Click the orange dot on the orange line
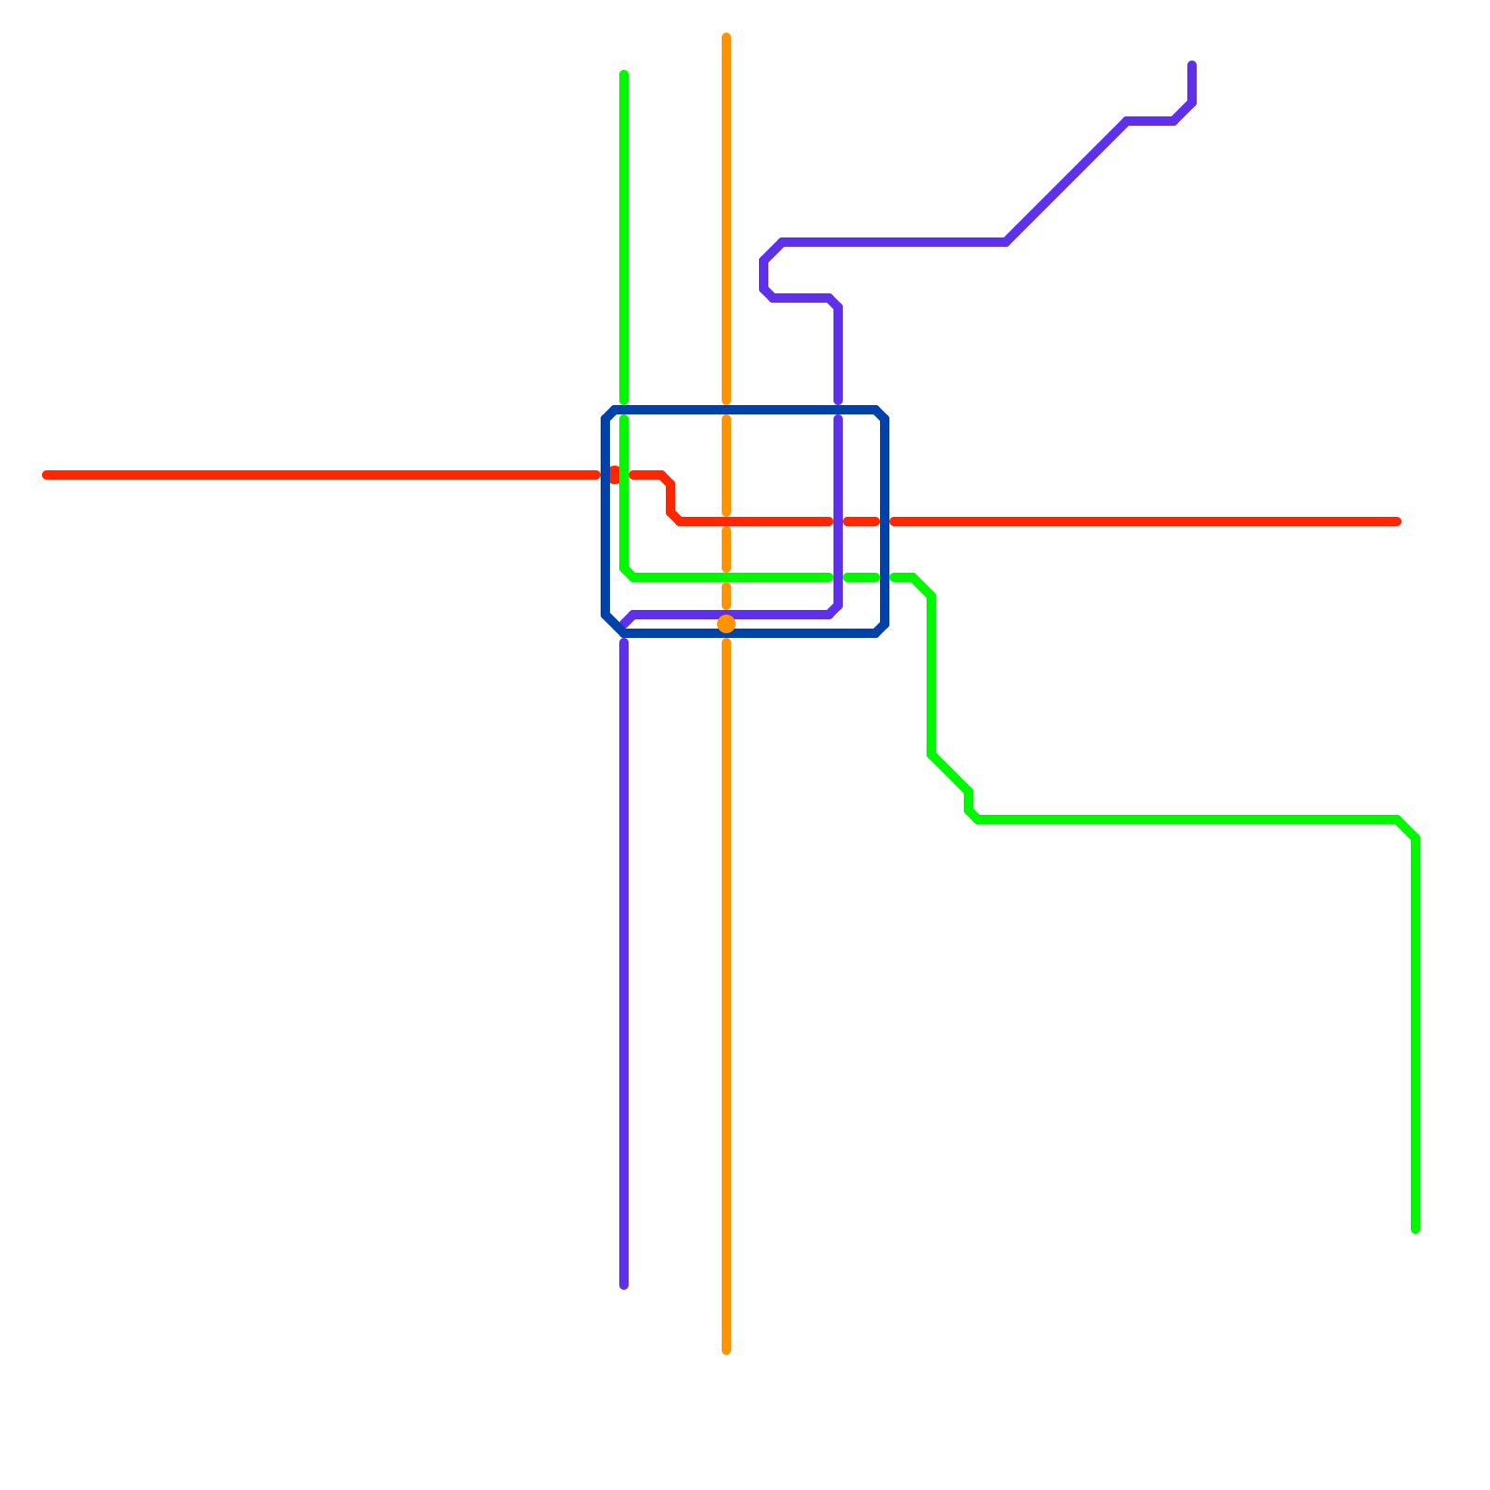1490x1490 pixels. pos(726,624)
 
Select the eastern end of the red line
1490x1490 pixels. pos(1397,521)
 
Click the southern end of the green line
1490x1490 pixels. pos(1415,1229)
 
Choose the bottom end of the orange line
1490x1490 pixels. pos(726,1350)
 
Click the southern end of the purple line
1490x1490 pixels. pos(624,1285)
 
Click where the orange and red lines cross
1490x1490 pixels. pos(726,521)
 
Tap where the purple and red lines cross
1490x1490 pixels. pos(838,521)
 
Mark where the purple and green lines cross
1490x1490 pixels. pos(838,577)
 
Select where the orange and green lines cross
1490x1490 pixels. pos(726,577)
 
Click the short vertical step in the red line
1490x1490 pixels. pos(670,498)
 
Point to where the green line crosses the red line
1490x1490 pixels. pos(624,475)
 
